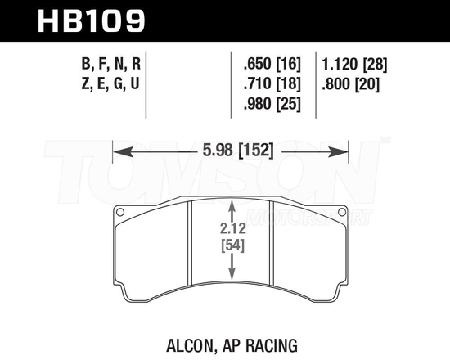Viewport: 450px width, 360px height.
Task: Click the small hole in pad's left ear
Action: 121,215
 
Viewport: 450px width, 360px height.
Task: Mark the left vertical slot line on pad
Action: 191,245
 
